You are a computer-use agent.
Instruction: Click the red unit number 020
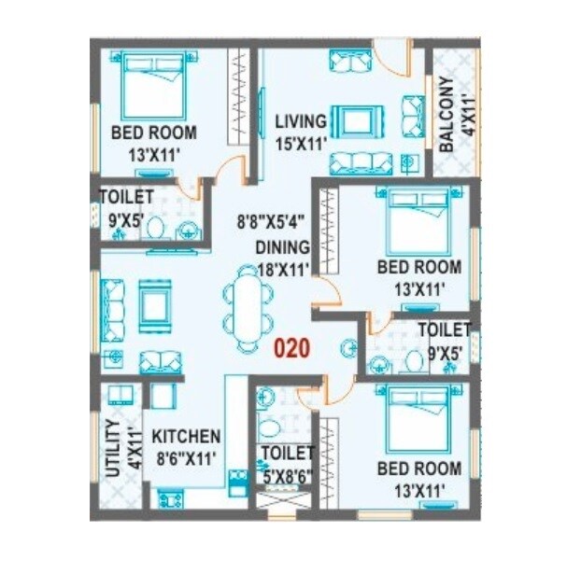click(290, 348)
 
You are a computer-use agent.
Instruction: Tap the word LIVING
click(300, 122)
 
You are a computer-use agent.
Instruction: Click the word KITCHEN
click(187, 437)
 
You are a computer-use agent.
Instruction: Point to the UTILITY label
click(112, 448)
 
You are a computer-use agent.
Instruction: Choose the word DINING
click(282, 247)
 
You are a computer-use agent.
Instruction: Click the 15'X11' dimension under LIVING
click(300, 144)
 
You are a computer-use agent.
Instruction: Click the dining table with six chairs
click(248, 308)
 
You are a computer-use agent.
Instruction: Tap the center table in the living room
click(355, 120)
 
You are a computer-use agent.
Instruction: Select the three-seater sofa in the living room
click(361, 162)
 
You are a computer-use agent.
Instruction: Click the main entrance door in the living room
click(392, 58)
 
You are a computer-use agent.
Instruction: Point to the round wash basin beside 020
click(349, 348)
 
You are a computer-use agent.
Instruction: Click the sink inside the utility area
click(117, 395)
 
